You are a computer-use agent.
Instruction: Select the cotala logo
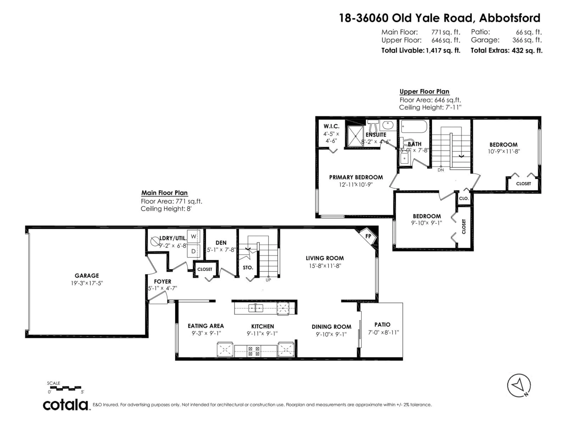point(65,405)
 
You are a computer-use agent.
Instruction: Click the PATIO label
point(382,325)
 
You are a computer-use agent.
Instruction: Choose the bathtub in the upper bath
point(414,127)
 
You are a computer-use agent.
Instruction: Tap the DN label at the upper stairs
point(441,170)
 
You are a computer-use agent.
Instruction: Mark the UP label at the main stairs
point(268,280)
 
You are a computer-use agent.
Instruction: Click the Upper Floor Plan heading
point(424,91)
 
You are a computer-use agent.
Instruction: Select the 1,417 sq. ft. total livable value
point(443,50)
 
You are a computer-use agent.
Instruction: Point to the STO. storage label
point(248,267)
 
